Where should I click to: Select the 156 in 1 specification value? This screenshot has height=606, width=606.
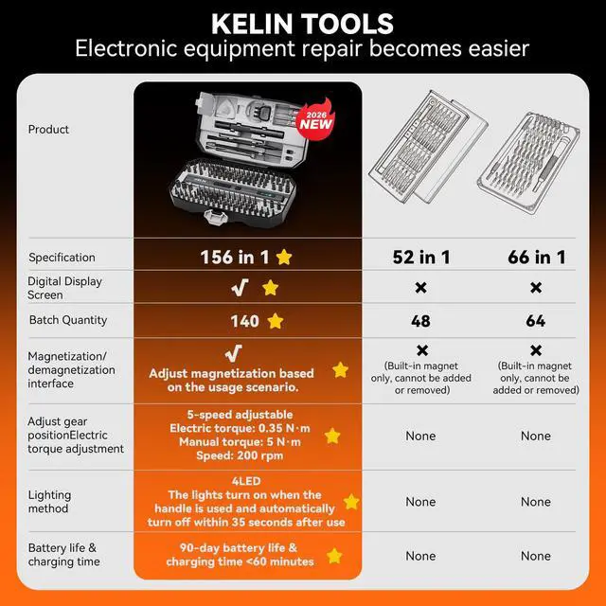click(235, 257)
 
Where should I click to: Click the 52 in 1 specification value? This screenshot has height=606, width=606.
click(420, 258)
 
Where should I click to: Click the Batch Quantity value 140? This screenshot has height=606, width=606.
click(244, 321)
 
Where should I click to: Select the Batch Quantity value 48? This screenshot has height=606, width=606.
click(420, 322)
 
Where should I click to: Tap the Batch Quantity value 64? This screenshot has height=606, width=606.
click(535, 322)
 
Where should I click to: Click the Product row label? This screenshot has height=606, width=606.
click(48, 130)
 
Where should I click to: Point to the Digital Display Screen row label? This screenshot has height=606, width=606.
click(65, 288)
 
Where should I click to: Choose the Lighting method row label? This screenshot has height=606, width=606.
click(49, 502)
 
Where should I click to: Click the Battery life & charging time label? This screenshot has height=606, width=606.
click(62, 555)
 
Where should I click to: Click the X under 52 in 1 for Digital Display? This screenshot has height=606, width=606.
click(420, 288)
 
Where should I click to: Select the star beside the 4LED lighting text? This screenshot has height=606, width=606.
click(351, 502)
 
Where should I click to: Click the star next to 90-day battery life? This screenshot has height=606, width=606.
click(334, 556)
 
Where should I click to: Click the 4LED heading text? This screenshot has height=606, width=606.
click(245, 481)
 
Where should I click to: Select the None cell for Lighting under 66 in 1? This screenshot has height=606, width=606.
click(535, 502)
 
